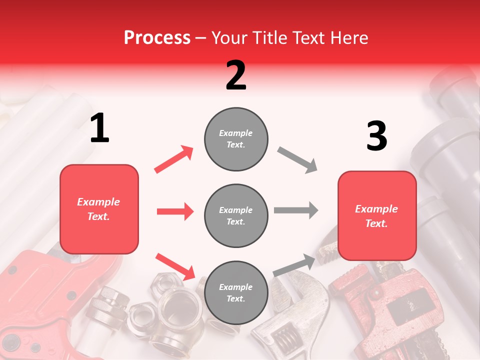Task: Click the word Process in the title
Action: tap(157, 38)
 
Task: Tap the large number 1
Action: tap(99, 128)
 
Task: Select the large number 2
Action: tap(236, 75)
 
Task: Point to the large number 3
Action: tap(376, 136)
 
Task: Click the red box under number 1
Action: tap(99, 209)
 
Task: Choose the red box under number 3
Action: tap(377, 215)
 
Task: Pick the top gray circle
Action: tap(236, 138)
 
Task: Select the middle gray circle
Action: tap(236, 215)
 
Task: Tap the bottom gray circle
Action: tap(236, 292)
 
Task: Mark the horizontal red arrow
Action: tap(175, 211)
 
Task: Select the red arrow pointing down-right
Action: tap(175, 266)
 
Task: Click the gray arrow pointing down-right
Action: tap(297, 160)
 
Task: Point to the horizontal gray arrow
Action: tap(296, 210)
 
